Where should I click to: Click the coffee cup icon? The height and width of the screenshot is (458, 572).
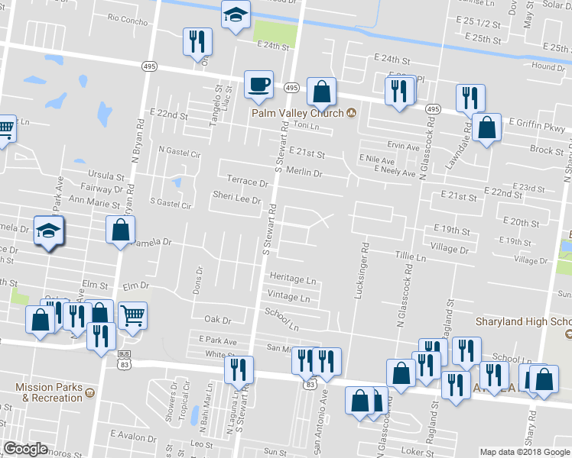258,84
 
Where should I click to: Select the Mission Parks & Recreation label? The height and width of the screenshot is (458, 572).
54,393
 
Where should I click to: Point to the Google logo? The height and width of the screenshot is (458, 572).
25,449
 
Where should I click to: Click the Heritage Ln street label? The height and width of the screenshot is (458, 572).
292,280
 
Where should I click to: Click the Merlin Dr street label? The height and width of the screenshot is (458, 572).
305,173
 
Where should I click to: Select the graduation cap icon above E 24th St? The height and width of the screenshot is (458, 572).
236,14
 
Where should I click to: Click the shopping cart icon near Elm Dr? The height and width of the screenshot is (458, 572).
132,314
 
